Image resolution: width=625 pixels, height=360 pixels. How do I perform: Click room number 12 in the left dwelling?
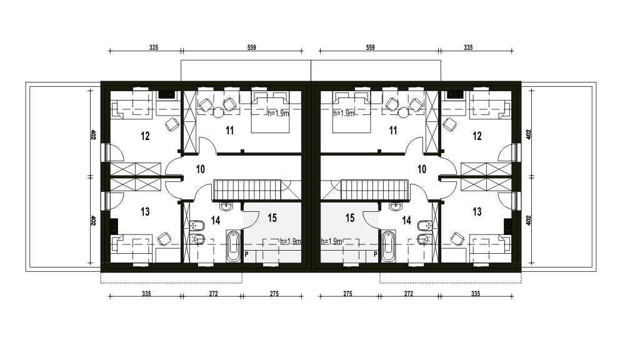pos(145,136)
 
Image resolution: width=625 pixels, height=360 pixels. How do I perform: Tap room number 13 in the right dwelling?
pos(477,212)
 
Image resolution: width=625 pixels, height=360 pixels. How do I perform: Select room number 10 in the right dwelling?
pos(421,169)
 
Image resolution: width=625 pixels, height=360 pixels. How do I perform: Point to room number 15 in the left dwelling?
pos(272,218)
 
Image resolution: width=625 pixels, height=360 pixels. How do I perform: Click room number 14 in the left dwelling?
pos(215,221)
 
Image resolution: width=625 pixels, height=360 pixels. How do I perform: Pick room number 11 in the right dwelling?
pos(393,131)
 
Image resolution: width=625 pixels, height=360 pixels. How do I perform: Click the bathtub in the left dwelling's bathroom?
pos(234,246)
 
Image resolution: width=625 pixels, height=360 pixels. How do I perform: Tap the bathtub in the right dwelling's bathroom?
pos(388,246)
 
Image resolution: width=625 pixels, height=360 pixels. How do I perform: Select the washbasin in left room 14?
pos(226,206)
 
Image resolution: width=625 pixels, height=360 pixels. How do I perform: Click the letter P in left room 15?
pos(246,254)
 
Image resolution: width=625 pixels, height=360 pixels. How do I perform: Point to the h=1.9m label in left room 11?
pos(278,113)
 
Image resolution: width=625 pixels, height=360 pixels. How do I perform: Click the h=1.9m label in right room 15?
pos(332,241)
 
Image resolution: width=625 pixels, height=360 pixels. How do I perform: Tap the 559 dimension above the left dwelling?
pos(251,47)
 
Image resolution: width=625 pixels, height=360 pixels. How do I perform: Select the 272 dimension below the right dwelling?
pos(409,294)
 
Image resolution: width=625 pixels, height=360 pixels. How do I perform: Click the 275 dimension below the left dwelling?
pos(274,294)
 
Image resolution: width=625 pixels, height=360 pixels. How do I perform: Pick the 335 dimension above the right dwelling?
pos(468,47)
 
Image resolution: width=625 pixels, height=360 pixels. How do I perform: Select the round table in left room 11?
pos(218,113)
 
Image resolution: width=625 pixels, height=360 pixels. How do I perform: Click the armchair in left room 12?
pos(172,124)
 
